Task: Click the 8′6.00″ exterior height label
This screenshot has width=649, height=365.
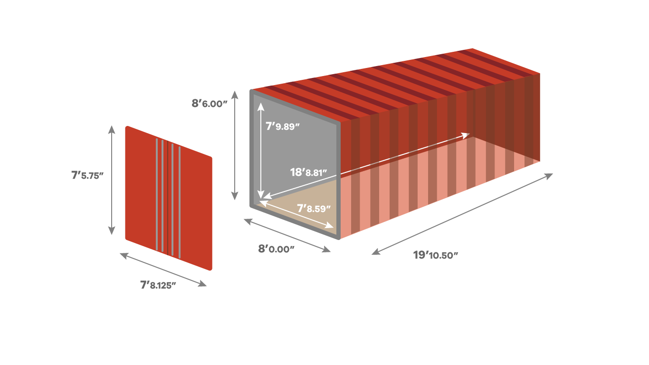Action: click(210, 104)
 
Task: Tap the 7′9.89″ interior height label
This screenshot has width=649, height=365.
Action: click(283, 126)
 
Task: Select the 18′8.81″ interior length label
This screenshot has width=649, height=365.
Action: click(308, 173)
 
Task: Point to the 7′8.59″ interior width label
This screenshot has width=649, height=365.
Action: click(314, 209)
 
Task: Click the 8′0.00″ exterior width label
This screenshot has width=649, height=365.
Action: click(276, 249)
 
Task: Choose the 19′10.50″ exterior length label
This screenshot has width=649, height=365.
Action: click(436, 255)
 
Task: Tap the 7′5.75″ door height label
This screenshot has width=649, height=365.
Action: click(87, 175)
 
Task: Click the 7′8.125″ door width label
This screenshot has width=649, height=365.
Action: click(158, 285)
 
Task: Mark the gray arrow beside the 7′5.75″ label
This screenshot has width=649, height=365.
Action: click(112, 180)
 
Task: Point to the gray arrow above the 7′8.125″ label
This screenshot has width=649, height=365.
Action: click(163, 269)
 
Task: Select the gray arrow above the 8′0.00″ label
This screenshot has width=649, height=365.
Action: click(287, 235)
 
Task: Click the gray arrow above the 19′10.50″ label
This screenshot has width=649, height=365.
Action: click(462, 214)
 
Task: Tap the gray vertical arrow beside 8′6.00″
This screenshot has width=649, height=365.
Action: click(235, 145)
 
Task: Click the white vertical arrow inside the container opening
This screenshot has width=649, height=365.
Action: click(261, 151)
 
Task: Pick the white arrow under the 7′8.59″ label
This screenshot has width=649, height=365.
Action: click(296, 214)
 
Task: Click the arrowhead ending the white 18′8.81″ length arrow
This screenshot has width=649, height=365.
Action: click(466, 135)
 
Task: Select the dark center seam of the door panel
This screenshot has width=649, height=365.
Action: click(168, 198)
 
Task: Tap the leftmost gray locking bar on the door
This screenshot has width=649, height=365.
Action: click(157, 194)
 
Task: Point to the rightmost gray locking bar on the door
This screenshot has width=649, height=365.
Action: click(180, 202)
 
